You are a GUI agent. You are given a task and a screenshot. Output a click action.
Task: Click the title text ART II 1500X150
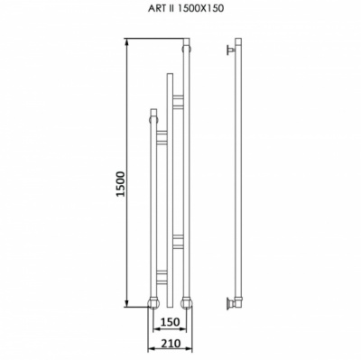(x=186, y=8)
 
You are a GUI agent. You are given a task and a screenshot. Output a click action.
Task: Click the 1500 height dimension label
(x=121, y=184)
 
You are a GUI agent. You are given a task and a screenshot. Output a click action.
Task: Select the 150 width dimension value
(x=170, y=322)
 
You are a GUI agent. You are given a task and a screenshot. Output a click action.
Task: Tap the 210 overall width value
(x=170, y=343)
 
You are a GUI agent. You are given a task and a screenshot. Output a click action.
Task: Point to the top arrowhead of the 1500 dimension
(x=127, y=42)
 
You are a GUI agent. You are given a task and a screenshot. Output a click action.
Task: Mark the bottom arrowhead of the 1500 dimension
(x=127, y=303)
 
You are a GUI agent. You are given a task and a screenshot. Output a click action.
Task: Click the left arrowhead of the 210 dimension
(x=152, y=349)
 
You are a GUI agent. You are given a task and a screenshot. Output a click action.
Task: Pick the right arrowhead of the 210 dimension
(x=189, y=349)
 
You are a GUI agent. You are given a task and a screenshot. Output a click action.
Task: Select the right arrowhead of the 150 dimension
(x=183, y=330)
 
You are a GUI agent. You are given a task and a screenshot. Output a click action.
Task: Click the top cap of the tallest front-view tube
(x=187, y=42)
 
